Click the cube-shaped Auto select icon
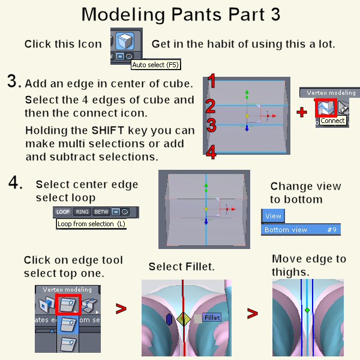(x=124, y=43)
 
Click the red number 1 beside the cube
(x=211, y=82)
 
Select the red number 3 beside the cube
(x=211, y=126)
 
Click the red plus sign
(x=301, y=112)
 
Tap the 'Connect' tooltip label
(x=332, y=121)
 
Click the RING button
(x=82, y=212)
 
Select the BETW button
(x=100, y=212)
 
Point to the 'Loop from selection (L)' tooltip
(x=91, y=224)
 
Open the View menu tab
(x=273, y=216)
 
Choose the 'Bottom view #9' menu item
(x=301, y=230)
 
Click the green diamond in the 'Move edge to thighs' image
(x=307, y=310)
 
